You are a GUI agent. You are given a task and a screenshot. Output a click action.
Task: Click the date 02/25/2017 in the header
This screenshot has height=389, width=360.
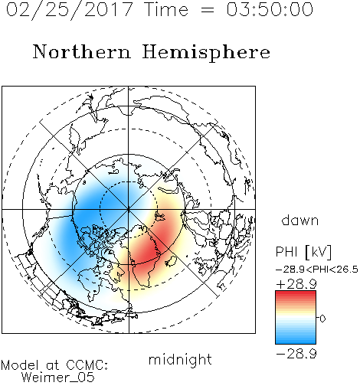pos(69,10)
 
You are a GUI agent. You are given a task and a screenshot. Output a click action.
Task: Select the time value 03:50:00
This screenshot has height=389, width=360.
pos(270,9)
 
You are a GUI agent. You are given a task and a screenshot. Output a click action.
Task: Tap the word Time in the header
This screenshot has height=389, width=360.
pos(166,9)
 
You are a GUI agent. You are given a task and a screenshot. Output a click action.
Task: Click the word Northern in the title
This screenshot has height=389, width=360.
pos(81,51)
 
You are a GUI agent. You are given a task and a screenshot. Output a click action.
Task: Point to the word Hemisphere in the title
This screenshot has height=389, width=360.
pos(206,53)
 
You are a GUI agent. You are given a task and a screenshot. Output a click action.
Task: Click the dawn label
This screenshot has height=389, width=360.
pos(300,220)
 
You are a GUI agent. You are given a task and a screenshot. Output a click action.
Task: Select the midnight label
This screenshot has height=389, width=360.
pos(180,359)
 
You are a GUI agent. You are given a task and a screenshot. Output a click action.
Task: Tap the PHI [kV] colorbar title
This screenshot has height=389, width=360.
pos(303,252)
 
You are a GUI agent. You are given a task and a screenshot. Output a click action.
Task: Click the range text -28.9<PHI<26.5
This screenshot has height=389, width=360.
pos(317,270)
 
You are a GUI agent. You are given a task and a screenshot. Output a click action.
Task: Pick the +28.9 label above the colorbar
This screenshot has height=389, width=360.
pos(296,284)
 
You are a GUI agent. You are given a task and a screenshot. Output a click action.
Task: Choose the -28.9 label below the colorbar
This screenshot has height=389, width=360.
pos(296,354)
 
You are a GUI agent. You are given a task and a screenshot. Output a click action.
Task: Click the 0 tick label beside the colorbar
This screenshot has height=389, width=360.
pos(322,319)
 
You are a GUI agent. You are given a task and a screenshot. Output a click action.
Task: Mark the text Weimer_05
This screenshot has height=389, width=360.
pos(58,377)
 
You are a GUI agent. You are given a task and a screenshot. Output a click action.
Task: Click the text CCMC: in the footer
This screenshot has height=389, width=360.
pos(87,365)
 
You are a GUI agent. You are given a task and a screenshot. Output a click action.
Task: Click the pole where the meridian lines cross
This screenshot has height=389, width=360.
pos(129,209)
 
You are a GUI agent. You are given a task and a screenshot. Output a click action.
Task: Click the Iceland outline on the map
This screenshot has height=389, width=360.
pos(171,261)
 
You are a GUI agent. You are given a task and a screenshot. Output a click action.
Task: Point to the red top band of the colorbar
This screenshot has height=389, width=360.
pos(296,293)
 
